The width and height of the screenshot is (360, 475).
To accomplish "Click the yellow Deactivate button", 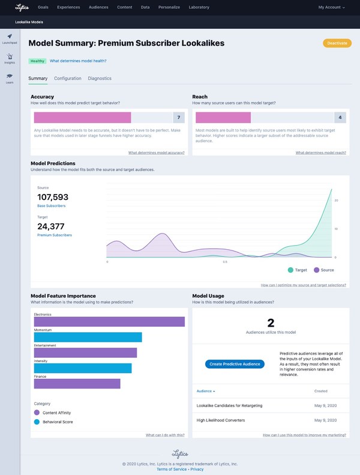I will [337, 43].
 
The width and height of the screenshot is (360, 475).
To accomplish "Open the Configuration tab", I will [68, 79].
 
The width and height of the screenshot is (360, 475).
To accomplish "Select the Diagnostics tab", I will [100, 79].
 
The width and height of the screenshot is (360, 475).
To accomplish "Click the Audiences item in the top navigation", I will [98, 7].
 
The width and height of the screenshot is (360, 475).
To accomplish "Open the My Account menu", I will [331, 7].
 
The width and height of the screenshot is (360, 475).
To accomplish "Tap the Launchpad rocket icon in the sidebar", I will [10, 37].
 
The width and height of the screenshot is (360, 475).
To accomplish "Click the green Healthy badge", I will [37, 61].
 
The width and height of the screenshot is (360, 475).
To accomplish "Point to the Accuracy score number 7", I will [178, 117].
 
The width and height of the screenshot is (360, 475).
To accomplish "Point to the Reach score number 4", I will [340, 117].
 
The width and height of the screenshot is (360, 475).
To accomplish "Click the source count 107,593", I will [53, 197].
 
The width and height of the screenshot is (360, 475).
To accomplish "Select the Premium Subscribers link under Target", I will [55, 235].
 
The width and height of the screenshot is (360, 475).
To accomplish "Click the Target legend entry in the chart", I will [297, 270].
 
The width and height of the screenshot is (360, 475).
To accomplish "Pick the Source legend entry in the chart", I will [323, 270].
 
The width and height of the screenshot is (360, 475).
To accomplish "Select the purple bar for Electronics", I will [109, 322].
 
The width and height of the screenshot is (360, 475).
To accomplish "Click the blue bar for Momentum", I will [88, 337].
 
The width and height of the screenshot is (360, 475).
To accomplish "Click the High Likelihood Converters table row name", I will [221, 420].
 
